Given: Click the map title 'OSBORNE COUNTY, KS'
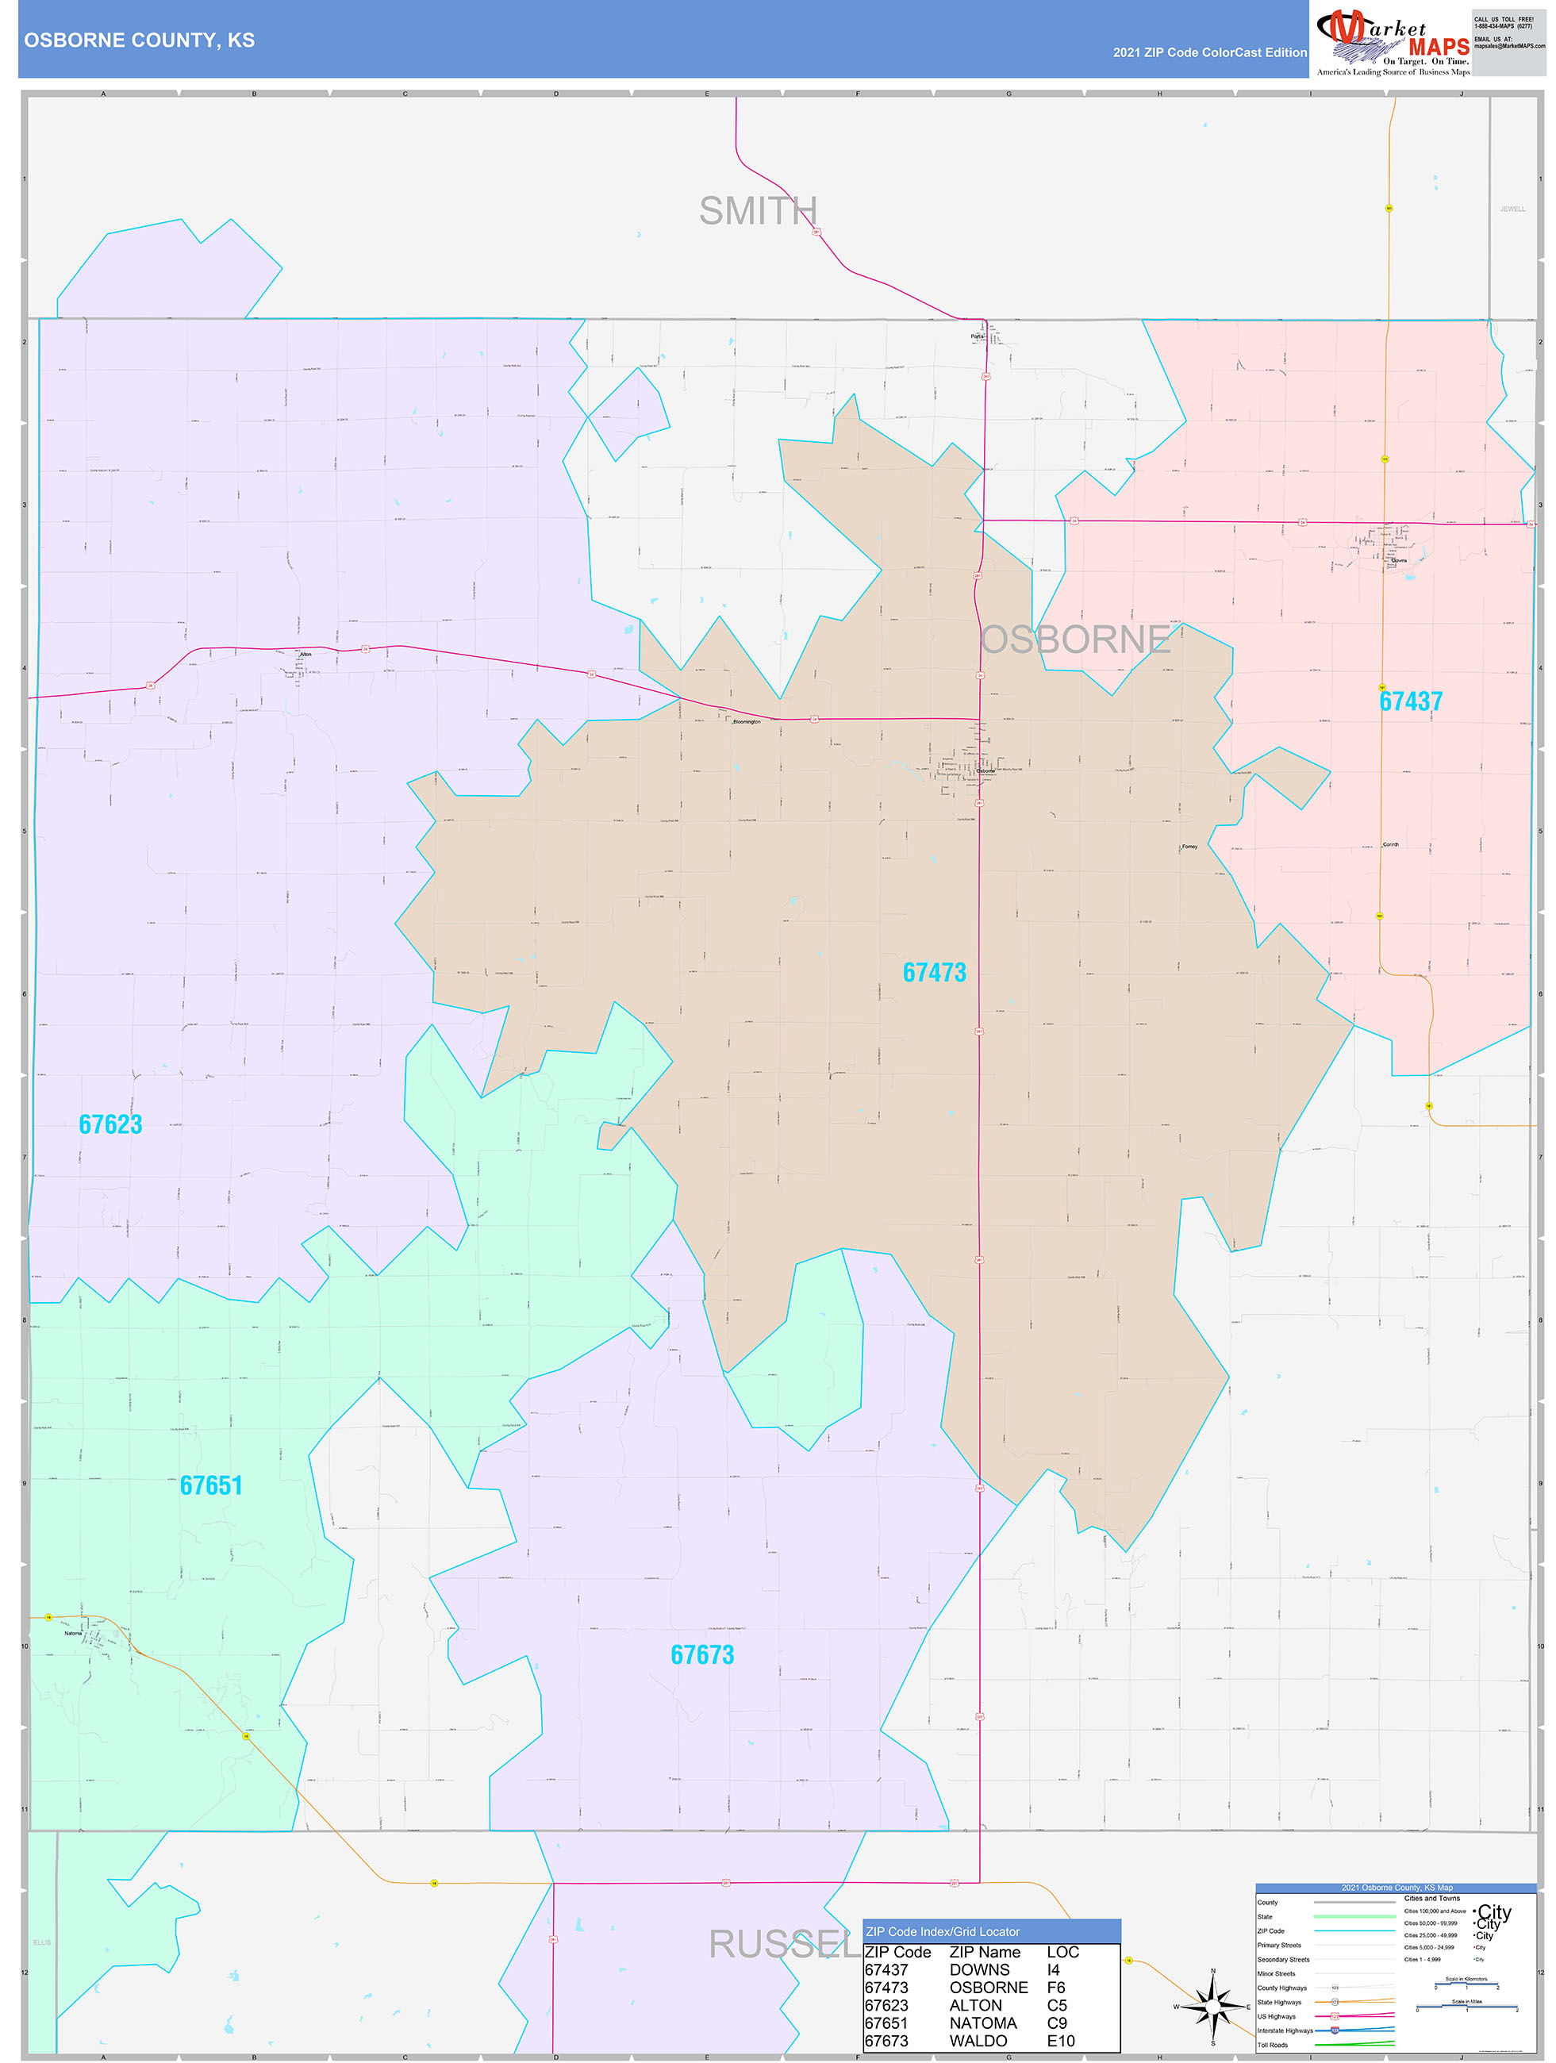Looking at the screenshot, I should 139,40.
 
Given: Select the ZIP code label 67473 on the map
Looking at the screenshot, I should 934,973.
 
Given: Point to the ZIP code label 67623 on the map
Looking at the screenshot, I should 110,1125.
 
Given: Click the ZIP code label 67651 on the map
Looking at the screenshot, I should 211,1485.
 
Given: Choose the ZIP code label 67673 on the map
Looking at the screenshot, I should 701,1654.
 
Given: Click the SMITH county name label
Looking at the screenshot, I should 758,212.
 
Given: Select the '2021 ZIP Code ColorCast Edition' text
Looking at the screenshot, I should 1209,53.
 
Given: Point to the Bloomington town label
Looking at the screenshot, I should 747,722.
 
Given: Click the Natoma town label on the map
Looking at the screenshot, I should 73,1633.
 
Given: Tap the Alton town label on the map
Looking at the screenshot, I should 305,655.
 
